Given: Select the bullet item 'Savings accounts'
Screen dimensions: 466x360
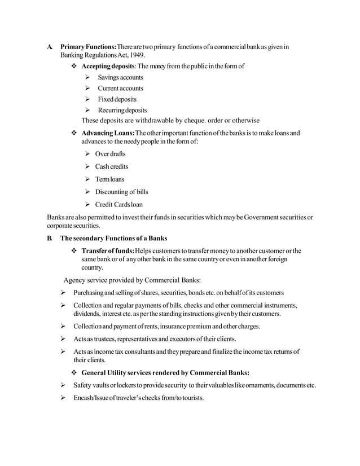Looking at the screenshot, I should click(120, 77).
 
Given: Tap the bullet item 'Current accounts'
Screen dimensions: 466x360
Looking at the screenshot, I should click(120, 89).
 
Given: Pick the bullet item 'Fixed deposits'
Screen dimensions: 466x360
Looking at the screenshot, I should click(117, 99).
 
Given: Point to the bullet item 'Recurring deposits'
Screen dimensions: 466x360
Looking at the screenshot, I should click(122, 110).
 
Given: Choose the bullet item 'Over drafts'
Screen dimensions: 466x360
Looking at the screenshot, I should click(110, 154).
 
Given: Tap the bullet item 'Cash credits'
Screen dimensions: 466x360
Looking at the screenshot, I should click(111, 166).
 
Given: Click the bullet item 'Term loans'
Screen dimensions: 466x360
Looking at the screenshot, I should click(110, 179).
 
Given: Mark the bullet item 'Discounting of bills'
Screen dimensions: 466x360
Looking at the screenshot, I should click(121, 192).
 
